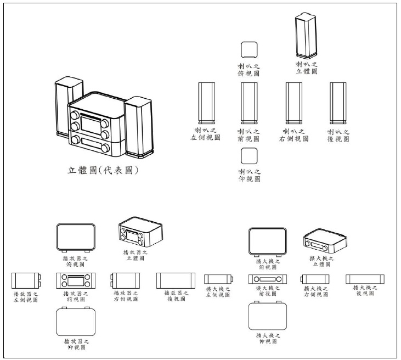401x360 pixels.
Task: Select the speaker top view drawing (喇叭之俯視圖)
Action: (249, 49)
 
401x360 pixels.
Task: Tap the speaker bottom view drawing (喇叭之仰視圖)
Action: (249, 156)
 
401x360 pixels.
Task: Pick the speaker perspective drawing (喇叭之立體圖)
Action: (307, 36)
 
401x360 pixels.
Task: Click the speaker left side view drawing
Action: (206, 103)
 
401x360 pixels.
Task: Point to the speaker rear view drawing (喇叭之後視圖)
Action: (338, 103)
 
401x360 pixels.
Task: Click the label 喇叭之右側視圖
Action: (294, 135)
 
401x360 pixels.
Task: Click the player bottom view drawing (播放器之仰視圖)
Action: (76, 322)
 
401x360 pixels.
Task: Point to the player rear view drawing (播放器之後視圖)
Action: (176, 280)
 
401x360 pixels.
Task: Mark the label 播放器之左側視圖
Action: (26, 297)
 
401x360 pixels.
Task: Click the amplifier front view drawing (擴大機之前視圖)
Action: (268, 279)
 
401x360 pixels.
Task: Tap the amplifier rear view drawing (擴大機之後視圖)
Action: (365, 279)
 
